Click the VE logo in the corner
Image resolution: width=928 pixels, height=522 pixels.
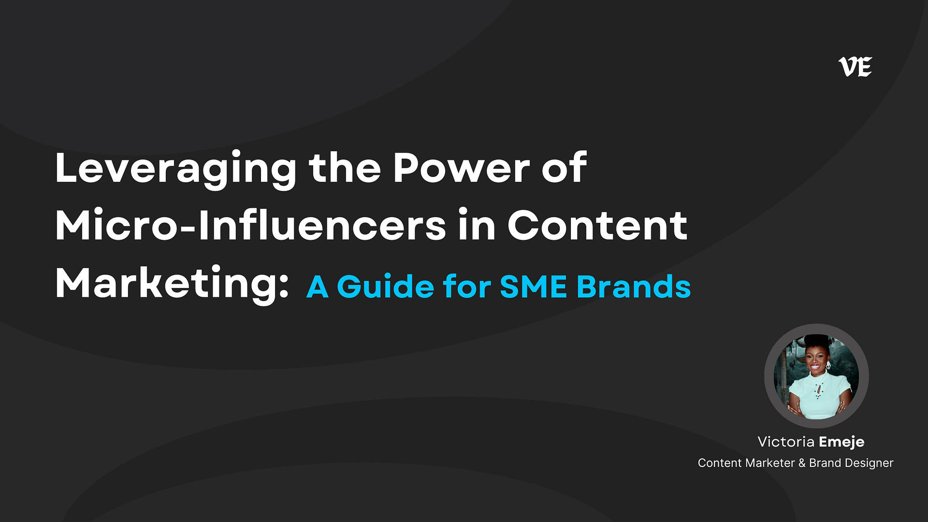(855, 67)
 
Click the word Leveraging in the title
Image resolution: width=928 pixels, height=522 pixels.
(176, 169)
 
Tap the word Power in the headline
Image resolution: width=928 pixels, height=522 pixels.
(462, 168)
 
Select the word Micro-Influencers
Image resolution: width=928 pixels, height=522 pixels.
(251, 225)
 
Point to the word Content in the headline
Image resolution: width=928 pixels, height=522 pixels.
(597, 226)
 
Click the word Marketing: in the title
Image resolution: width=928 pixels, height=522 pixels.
(172, 284)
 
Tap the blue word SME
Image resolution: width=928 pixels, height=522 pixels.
(533, 287)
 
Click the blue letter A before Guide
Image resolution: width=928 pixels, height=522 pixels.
(318, 287)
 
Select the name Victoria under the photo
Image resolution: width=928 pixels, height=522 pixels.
(786, 442)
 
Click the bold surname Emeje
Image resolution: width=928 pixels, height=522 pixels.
(841, 442)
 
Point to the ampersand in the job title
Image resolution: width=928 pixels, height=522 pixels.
(802, 463)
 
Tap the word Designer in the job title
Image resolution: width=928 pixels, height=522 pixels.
(869, 464)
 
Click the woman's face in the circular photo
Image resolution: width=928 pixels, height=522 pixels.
(815, 362)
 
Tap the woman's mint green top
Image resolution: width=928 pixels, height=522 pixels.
(819, 397)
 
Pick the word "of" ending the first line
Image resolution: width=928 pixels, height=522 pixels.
(564, 168)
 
